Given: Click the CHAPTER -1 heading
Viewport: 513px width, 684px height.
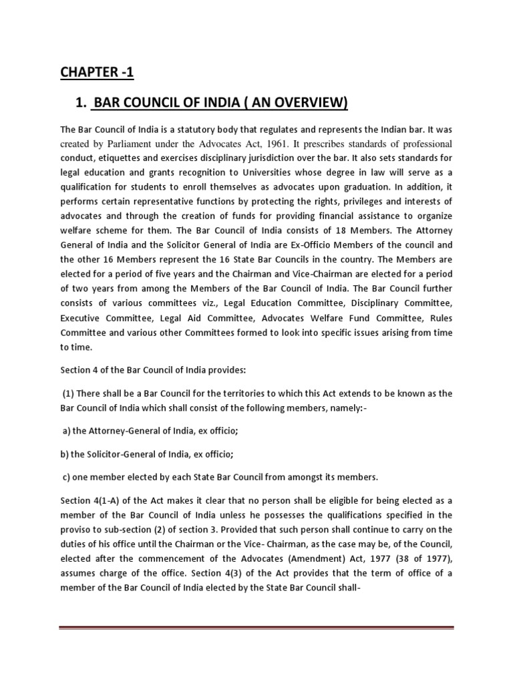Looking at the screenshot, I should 93,71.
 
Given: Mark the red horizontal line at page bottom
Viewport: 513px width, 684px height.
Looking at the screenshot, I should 256,627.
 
